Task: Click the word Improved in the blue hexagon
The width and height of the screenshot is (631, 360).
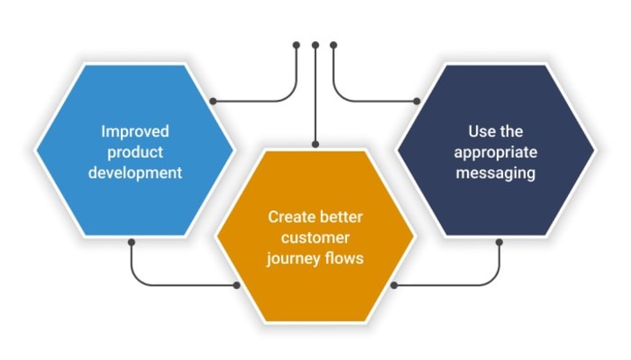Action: [135, 132]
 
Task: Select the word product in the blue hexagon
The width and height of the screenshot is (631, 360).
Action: [135, 153]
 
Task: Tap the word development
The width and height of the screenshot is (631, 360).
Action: [135, 173]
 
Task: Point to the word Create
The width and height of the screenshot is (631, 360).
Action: [290, 217]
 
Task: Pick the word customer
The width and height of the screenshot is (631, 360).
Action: [315, 237]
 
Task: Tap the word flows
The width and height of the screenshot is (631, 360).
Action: [344, 258]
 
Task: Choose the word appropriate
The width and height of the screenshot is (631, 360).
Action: [496, 153]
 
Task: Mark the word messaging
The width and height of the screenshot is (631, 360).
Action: [496, 173]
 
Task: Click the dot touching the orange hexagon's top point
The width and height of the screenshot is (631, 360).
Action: [315, 144]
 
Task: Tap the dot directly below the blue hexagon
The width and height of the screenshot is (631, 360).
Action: [131, 242]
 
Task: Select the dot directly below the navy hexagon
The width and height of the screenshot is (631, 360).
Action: [500, 242]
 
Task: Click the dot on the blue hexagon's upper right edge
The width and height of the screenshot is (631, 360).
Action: [213, 101]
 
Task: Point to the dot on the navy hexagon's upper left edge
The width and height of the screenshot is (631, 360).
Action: [417, 101]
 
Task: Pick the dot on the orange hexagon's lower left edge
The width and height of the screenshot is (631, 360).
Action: [237, 286]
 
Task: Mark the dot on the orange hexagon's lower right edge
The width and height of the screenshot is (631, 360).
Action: [394, 286]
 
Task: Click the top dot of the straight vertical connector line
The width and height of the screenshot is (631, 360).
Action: [315, 45]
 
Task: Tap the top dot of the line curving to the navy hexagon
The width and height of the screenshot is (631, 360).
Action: [333, 45]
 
